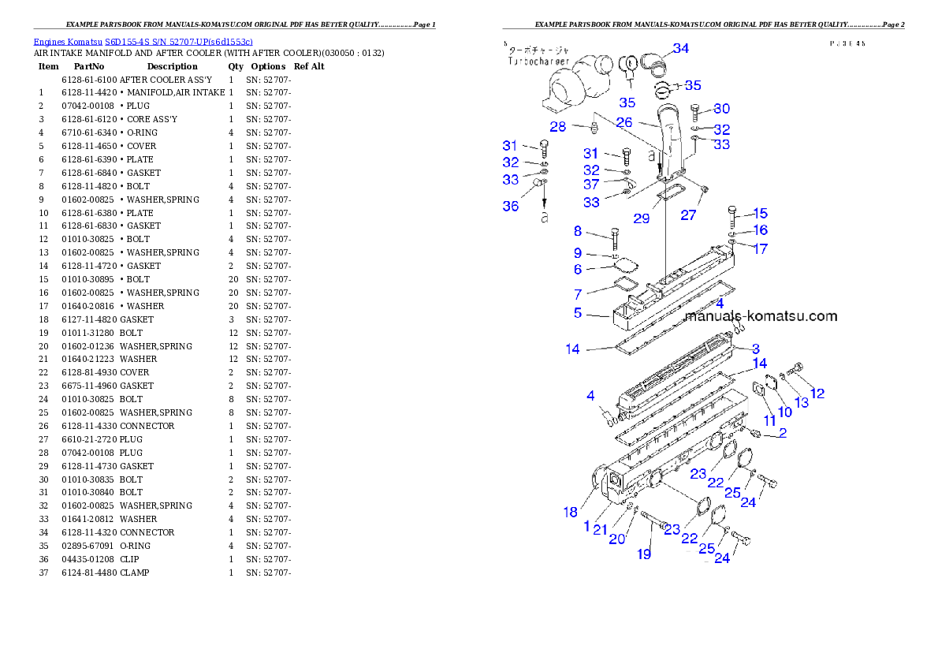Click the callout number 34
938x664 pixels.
[680, 49]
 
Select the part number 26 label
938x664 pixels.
[624, 122]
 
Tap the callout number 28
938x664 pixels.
[558, 127]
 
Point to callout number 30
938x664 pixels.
[721, 110]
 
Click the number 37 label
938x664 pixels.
[591, 185]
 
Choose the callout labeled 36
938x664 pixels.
[511, 206]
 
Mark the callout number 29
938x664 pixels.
[642, 218]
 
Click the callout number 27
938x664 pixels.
[689, 215]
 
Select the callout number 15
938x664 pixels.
[760, 214]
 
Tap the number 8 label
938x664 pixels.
[578, 231]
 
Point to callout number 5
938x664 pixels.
[578, 313]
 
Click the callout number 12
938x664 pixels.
[817, 393]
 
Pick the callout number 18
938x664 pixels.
[570, 512]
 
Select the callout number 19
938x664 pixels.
[644, 554]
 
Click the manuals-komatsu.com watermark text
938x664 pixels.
[761, 316]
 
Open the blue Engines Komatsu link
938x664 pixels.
[143, 41]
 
